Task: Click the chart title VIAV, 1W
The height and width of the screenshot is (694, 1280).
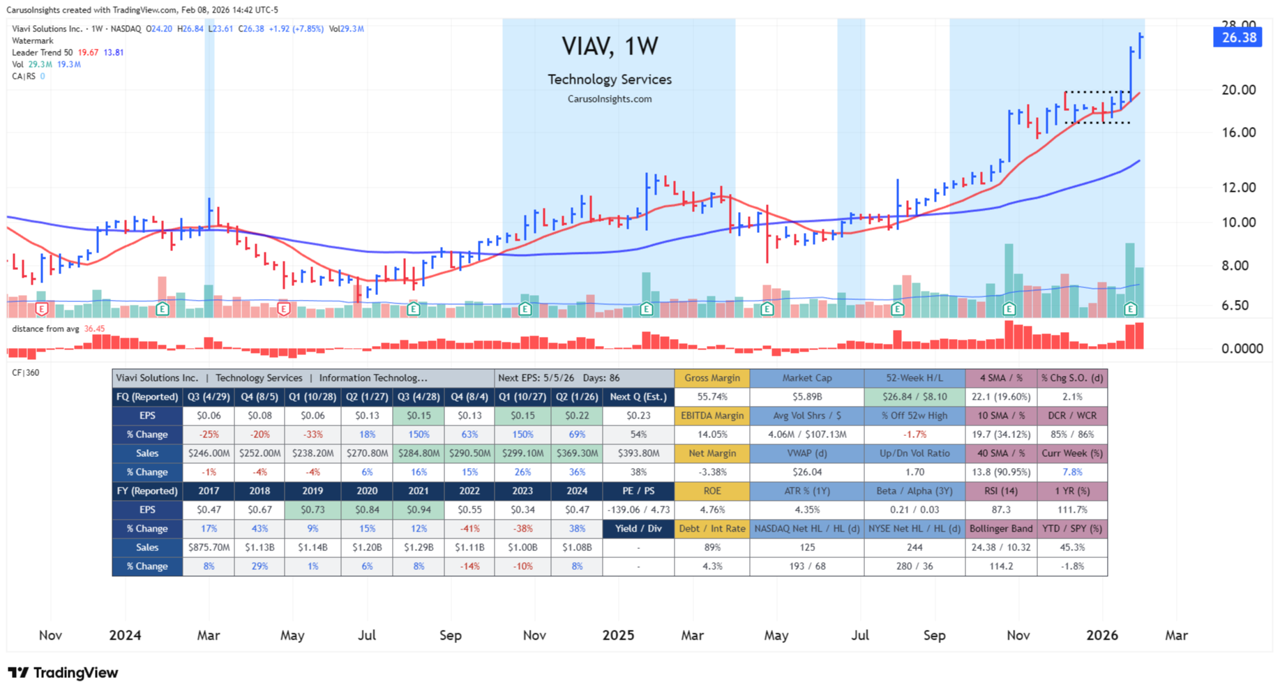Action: (x=610, y=47)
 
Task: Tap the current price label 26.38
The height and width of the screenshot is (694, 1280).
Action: (x=1238, y=38)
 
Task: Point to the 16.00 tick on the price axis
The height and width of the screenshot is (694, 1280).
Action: (x=1238, y=133)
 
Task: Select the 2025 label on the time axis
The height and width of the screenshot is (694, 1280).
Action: (x=618, y=635)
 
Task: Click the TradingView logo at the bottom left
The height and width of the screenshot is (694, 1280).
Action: (x=63, y=673)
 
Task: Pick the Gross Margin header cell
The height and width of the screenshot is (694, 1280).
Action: (x=711, y=378)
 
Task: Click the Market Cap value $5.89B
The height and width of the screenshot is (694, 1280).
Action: (x=806, y=397)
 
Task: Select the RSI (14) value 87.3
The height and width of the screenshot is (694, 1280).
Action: (x=1000, y=510)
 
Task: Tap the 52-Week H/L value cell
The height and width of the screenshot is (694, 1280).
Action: (x=914, y=397)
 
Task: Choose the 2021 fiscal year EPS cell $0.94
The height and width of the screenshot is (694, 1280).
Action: (x=418, y=510)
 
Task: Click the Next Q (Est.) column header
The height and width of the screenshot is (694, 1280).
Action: (x=638, y=397)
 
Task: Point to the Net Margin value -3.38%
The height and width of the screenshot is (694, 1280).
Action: (x=711, y=472)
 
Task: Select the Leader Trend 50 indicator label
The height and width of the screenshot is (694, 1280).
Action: (x=43, y=52)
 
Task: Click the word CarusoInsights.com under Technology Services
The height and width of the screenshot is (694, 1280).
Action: (x=610, y=99)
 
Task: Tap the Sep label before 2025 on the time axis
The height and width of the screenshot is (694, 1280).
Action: (x=451, y=635)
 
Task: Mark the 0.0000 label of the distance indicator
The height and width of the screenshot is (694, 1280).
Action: (x=1242, y=349)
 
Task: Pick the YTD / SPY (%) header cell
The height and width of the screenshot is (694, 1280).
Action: (x=1071, y=529)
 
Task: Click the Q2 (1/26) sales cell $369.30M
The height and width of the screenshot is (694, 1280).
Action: (x=576, y=453)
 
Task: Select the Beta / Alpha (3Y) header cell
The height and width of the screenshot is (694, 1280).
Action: (x=914, y=491)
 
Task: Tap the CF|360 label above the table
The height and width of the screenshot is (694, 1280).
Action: (x=26, y=372)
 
